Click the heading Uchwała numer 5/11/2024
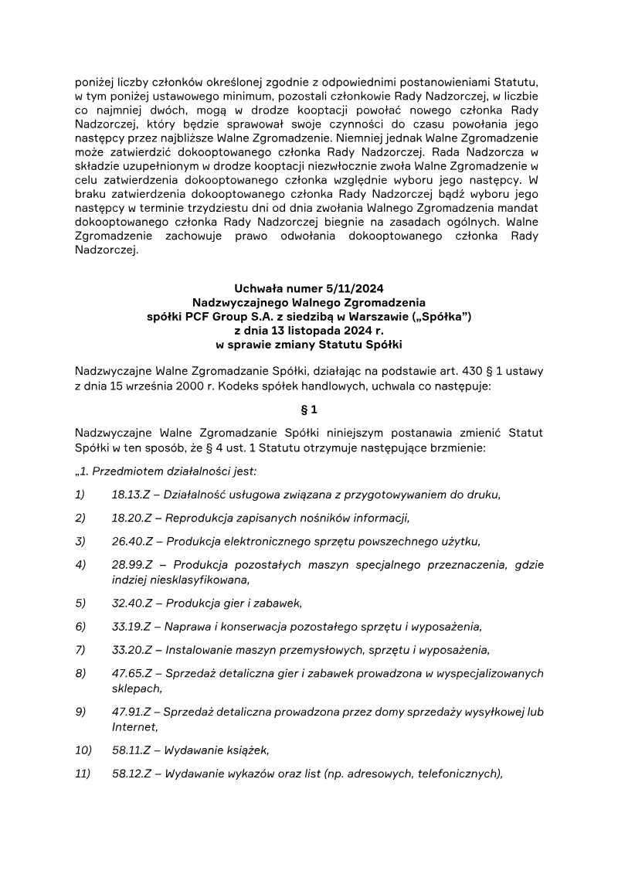click(x=308, y=288)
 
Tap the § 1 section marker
click(x=309, y=410)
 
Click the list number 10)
click(x=83, y=750)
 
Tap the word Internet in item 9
click(x=134, y=726)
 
